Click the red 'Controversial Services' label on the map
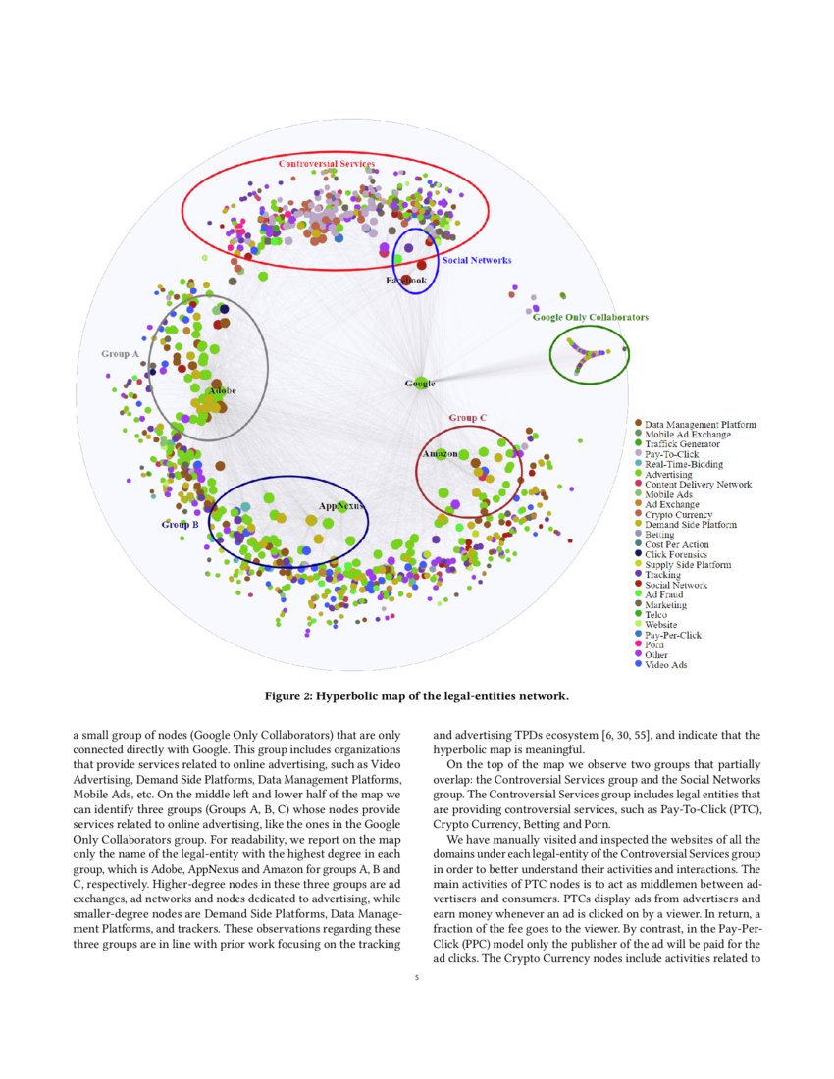[326, 163]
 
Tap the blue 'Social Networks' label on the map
[476, 260]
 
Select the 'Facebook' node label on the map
[404, 281]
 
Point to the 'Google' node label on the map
[420, 384]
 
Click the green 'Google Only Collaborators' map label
[590, 317]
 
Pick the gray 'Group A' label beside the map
[120, 353]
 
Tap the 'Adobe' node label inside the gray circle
[221, 391]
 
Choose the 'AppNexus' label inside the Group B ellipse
[340, 506]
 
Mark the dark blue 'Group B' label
[181, 525]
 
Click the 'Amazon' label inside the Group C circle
[441, 454]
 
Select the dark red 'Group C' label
[468, 418]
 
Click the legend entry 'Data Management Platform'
[700, 425]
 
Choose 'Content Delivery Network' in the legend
[698, 485]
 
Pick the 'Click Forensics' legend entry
[676, 555]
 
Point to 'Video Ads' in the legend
[667, 665]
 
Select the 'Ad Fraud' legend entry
[664, 594]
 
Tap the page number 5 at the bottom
[417, 977]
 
